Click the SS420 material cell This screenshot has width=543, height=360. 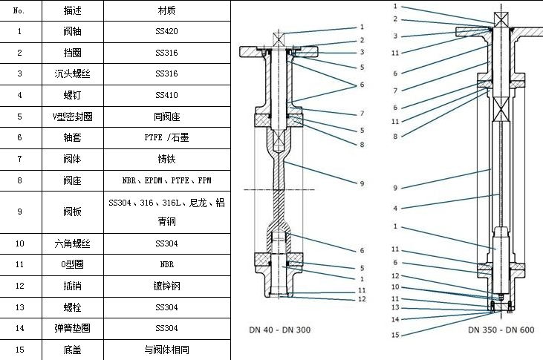coord(167,32)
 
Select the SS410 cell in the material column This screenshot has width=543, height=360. coord(167,95)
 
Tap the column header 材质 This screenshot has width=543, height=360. coord(167,11)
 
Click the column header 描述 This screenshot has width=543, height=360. coord(73,11)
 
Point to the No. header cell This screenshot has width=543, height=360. coord(19,11)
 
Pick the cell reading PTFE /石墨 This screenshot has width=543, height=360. coord(167,137)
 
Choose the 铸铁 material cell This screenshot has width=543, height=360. coord(167,159)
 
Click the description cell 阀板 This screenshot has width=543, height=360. coord(73,212)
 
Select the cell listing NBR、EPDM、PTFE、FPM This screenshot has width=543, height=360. coord(167,180)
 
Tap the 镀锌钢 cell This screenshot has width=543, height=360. coord(167,285)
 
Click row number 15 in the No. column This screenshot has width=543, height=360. coord(19,349)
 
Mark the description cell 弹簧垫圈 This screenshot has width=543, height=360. coord(73,327)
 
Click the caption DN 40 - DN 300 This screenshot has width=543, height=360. coord(279,329)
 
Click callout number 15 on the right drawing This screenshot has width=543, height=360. coord(396,335)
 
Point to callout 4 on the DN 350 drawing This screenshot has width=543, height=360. coord(396,209)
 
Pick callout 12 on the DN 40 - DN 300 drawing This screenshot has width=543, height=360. coord(362,299)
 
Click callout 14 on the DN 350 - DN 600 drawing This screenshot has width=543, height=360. coord(396,318)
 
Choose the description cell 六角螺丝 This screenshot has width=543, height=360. coord(73,243)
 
